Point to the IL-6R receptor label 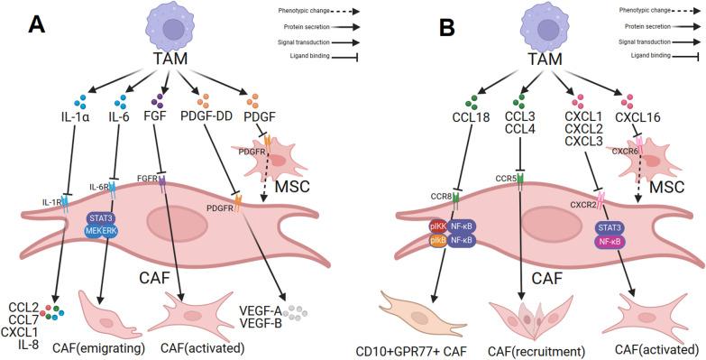[x=98, y=187]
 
